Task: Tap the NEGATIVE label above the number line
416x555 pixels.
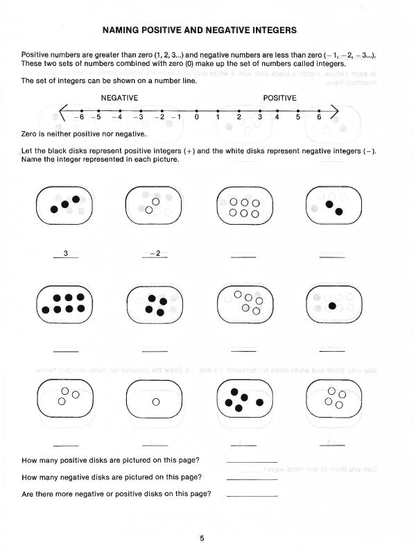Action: point(119,98)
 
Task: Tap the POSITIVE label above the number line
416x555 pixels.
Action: point(280,98)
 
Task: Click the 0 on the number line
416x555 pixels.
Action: point(197,117)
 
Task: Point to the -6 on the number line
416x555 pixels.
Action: point(80,117)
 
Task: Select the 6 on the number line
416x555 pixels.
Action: point(319,117)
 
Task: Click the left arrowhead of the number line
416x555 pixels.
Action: point(64,111)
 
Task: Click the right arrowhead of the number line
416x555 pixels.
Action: point(335,111)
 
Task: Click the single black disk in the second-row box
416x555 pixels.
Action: point(333,305)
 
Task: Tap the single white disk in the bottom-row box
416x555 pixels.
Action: point(155,402)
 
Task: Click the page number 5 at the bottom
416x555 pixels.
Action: point(201,538)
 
